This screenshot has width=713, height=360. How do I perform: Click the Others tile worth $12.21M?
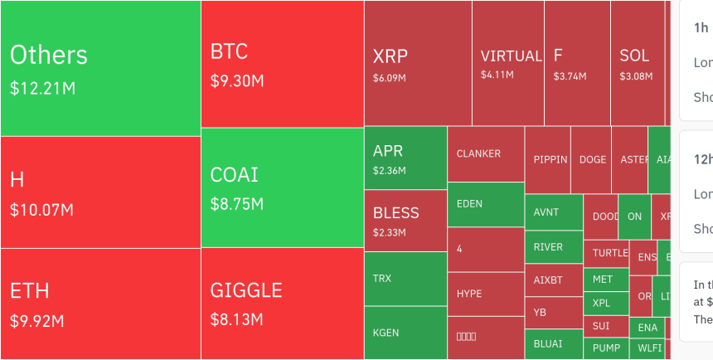99,68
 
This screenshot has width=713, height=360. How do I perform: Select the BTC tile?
282,64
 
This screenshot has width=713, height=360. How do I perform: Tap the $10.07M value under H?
41,210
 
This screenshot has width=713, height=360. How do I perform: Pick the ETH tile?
99,304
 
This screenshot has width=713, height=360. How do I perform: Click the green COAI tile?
282,187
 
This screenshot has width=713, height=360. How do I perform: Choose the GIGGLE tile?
282,304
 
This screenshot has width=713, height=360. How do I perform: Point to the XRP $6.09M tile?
418,63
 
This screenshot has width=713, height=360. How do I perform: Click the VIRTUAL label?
511,56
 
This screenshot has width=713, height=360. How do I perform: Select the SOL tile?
637,63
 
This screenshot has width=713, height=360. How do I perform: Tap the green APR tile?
405,158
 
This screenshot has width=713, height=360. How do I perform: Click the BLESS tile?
405,221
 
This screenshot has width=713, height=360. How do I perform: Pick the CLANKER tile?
486,154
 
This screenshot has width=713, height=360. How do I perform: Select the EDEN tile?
486,204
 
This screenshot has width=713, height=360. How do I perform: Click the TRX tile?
405,279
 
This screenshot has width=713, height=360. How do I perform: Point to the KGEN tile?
405,333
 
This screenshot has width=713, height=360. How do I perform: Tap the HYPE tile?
486,295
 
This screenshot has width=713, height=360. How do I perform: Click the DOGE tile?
592,160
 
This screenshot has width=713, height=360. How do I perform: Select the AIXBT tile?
554,280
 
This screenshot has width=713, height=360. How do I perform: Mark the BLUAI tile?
554,343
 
